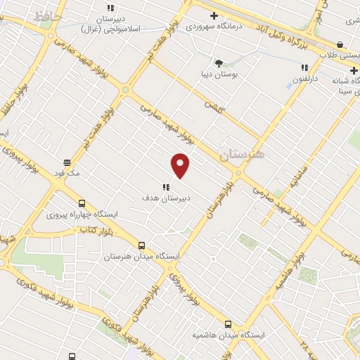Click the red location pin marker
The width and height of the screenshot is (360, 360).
[x=181, y=165]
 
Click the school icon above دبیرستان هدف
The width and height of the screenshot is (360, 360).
[x=166, y=186]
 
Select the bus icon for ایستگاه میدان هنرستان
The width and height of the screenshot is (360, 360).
[x=142, y=245]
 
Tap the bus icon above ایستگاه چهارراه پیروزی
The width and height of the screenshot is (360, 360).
[x=83, y=202]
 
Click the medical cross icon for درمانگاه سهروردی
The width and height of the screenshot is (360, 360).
[x=214, y=15]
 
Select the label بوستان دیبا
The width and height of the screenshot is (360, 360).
[x=219, y=73]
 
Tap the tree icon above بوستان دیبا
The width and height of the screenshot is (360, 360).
[x=219, y=63]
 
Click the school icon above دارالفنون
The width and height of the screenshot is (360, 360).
[x=304, y=67]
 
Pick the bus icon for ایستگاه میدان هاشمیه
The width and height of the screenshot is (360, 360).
[x=228, y=324]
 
